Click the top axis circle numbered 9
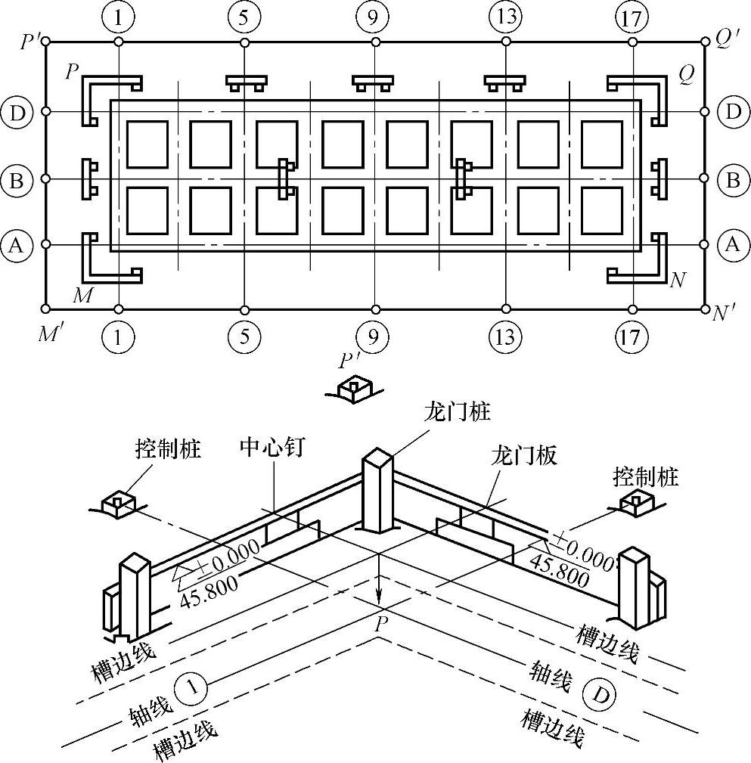(x=374, y=18)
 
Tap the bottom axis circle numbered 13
(x=505, y=337)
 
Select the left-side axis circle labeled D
(x=17, y=112)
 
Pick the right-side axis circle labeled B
(x=733, y=180)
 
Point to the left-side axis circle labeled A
(x=16, y=245)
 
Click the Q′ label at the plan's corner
(x=728, y=39)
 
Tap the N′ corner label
(x=725, y=313)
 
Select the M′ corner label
(x=50, y=333)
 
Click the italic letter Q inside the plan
(x=687, y=75)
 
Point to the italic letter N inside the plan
(x=678, y=280)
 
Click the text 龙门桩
(x=457, y=411)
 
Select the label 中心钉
(x=272, y=446)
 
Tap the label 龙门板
(x=524, y=456)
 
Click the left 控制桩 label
(x=168, y=448)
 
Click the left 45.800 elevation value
(x=208, y=591)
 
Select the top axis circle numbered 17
(x=632, y=18)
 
